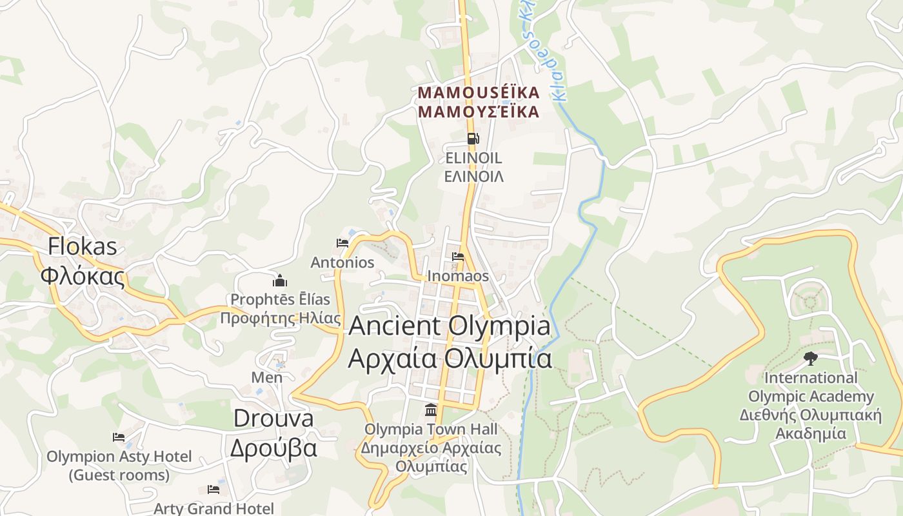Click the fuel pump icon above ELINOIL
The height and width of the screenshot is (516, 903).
click(x=473, y=139)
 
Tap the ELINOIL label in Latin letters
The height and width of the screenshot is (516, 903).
click(x=473, y=158)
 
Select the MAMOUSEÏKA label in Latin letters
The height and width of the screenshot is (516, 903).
click(x=478, y=93)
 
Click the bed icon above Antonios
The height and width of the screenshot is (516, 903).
click(x=342, y=243)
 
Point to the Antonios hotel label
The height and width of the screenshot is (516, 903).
click(x=342, y=263)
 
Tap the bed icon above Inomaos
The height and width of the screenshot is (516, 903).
click(x=458, y=257)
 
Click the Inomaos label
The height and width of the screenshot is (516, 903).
click(x=458, y=276)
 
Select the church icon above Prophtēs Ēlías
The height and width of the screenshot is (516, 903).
click(x=280, y=281)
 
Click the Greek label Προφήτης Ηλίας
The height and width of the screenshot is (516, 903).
click(x=280, y=318)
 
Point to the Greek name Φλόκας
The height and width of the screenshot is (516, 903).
click(x=83, y=275)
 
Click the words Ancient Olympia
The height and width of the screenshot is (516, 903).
click(x=450, y=326)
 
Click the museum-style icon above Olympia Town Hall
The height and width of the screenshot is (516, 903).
click(x=430, y=410)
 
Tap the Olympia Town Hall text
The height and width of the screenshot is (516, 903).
click(x=431, y=429)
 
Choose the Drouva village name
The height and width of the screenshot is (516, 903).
click(x=273, y=418)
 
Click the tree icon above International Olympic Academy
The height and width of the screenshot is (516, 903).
click(x=810, y=359)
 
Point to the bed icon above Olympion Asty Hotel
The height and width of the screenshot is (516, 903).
click(x=119, y=437)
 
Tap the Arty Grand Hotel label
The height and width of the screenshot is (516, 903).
click(x=213, y=508)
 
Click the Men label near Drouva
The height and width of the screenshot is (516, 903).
click(x=267, y=377)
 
